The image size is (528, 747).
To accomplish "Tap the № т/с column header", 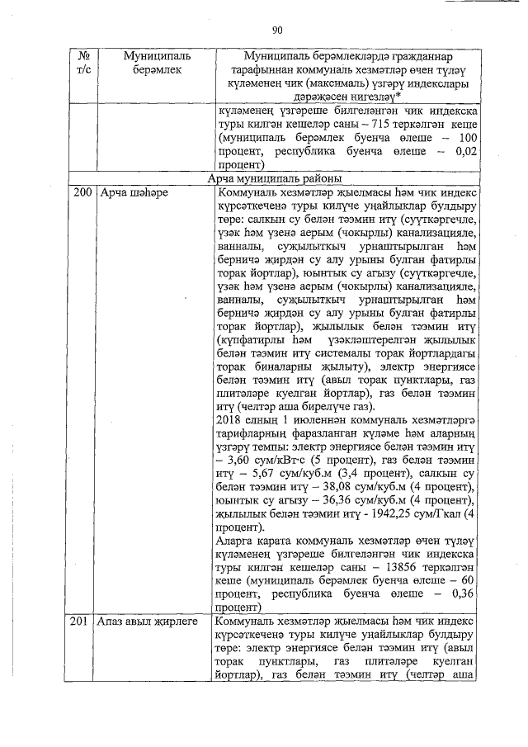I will click(x=82, y=63).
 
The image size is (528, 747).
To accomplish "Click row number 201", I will click(x=82, y=622).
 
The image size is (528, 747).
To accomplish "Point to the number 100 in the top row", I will click(x=468, y=137).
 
